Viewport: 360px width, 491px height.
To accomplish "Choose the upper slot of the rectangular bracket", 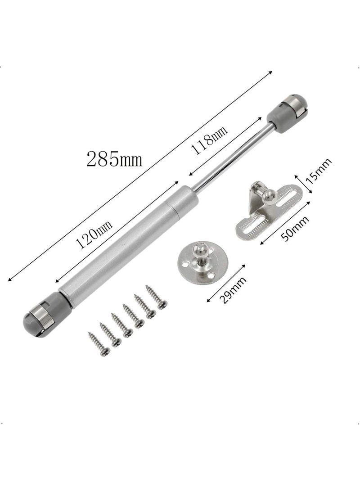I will (288, 198).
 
